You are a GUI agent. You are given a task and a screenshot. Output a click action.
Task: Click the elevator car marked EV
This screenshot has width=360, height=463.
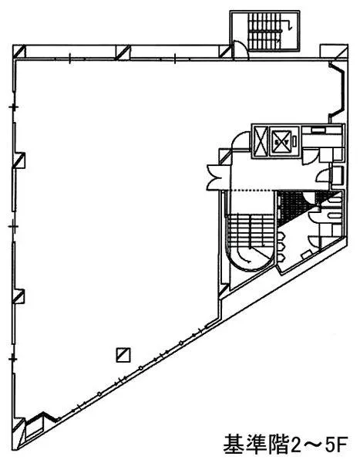[x=281, y=142]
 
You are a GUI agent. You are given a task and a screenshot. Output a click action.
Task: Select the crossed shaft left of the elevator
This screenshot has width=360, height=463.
[x=261, y=141]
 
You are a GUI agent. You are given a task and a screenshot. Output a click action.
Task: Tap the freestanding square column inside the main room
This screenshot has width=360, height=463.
[x=123, y=355]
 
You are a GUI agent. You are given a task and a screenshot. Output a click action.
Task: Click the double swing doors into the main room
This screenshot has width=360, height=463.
[x=215, y=177]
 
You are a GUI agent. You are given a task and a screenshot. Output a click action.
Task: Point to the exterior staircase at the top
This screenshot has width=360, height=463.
[x=264, y=31]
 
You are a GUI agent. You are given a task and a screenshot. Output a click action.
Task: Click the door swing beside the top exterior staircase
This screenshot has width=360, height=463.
[x=241, y=49]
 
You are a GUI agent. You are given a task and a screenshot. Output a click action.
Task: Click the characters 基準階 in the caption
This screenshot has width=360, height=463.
[x=255, y=444]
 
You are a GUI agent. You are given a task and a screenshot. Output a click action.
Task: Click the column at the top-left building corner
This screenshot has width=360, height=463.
[x=19, y=51]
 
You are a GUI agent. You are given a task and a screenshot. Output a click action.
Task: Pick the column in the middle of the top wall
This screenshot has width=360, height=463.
[x=123, y=52]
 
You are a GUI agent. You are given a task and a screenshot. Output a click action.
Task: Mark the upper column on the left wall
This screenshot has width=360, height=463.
[x=19, y=161]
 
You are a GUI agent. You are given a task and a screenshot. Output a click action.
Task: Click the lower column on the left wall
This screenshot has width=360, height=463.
[x=19, y=296]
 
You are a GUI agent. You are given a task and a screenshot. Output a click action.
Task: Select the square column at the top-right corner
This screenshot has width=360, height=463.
[x=334, y=51]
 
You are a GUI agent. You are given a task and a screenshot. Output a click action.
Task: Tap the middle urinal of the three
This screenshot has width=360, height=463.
[x=281, y=247]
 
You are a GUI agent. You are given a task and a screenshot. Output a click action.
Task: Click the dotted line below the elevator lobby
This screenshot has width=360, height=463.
[x=253, y=191]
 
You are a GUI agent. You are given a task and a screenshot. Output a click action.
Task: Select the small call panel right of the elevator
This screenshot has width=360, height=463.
[x=294, y=141]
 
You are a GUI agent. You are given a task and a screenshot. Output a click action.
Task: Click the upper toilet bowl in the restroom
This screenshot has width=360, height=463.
[x=335, y=200]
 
